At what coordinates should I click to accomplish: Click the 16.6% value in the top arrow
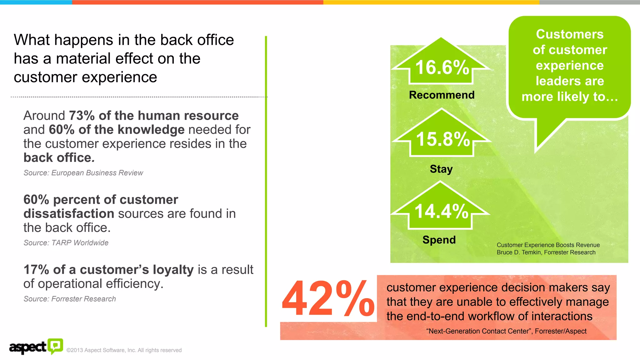coord(442,67)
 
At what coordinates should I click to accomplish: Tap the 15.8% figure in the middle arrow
coord(443,139)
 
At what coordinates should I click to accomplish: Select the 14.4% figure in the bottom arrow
coord(441,211)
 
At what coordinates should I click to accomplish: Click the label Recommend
coord(442,95)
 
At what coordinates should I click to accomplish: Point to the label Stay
coord(441,169)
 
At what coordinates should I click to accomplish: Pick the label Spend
coord(439,240)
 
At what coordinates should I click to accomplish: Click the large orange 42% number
coord(328,298)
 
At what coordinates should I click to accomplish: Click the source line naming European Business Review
coord(83,173)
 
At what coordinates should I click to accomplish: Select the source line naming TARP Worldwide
coord(66,243)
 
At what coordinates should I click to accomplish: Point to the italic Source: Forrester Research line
coord(70,299)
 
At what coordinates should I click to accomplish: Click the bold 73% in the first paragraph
coord(82,116)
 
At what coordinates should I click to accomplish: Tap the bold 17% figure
coord(36,270)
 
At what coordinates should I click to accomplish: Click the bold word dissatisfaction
coord(69,214)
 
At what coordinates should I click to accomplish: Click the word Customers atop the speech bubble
coord(570,34)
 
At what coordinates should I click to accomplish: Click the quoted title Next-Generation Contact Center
coord(479,331)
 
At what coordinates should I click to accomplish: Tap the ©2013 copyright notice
coord(124,350)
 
